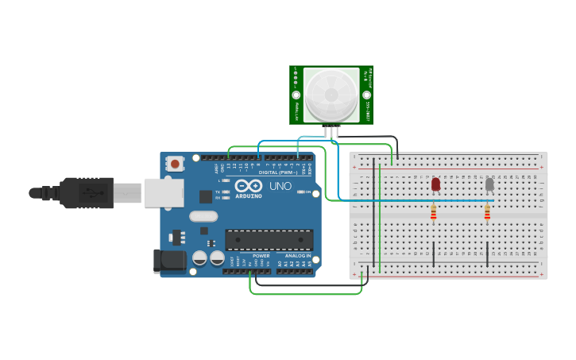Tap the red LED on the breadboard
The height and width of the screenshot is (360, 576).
pyautogui.click(x=435, y=184)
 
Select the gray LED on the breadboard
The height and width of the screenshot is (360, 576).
pyautogui.click(x=489, y=184)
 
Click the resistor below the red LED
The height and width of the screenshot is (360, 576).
pyautogui.click(x=433, y=212)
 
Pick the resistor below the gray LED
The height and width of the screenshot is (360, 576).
pyautogui.click(x=487, y=212)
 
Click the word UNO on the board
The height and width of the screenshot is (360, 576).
pyautogui.click(x=280, y=187)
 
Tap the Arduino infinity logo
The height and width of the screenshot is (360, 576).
pyautogui.click(x=248, y=185)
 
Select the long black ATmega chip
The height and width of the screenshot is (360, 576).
pyautogui.click(x=269, y=239)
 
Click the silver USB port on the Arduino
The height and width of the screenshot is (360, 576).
pyautogui.click(x=164, y=192)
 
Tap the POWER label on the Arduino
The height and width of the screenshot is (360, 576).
pyautogui.click(x=261, y=256)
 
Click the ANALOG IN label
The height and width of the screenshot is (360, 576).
pyautogui.click(x=298, y=256)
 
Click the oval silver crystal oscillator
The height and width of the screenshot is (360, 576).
pyautogui.click(x=203, y=216)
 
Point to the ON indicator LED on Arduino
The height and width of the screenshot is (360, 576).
pyautogui.click(x=299, y=192)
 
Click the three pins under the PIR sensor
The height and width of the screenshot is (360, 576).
pyautogui.click(x=331, y=131)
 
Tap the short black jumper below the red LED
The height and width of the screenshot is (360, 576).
pyautogui.click(x=433, y=253)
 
